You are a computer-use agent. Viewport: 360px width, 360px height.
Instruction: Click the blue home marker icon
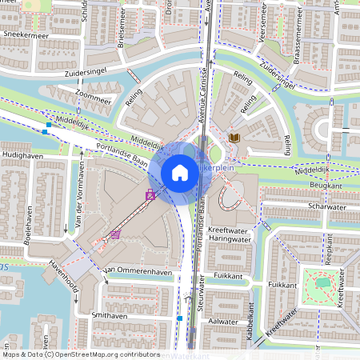[180, 172]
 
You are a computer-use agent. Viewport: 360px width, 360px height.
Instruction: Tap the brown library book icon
[234, 138]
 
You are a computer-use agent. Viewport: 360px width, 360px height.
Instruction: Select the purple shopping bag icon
[150, 194]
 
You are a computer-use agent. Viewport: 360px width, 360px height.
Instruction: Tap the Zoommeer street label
[94, 102]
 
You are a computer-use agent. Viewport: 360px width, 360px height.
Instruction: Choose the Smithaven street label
[111, 316]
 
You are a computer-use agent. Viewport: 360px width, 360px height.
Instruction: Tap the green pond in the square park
[322, 282]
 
